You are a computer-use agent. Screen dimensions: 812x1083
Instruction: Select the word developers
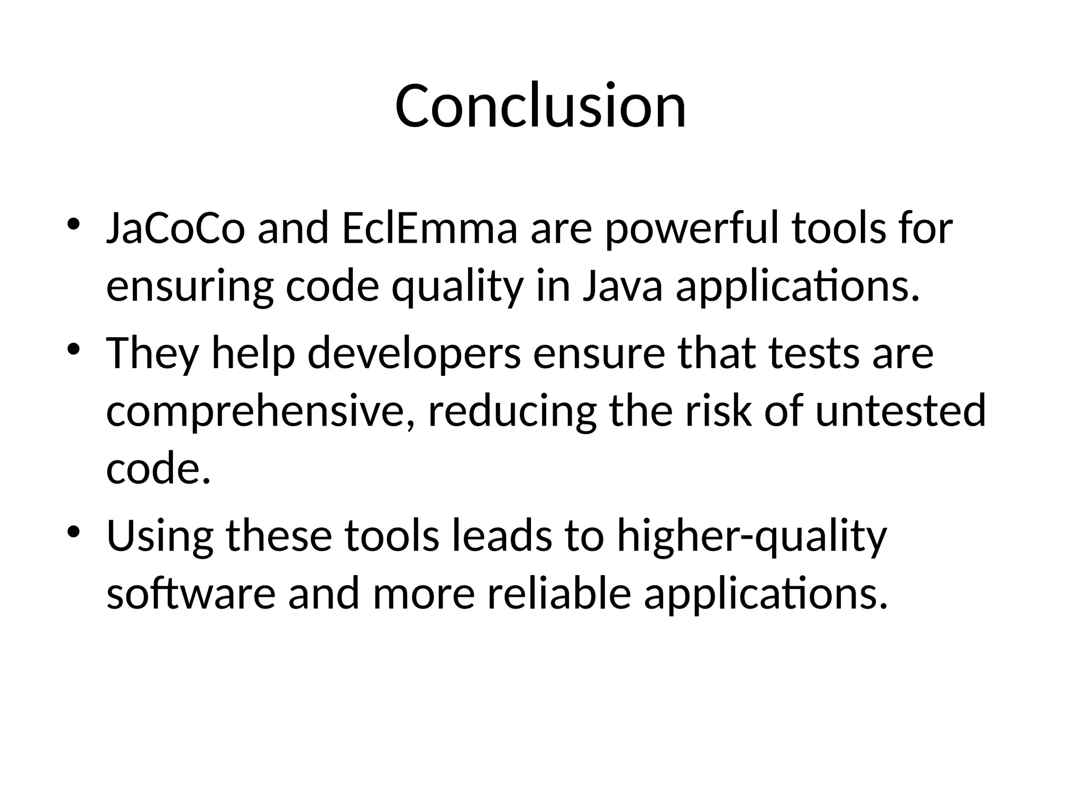[414, 354]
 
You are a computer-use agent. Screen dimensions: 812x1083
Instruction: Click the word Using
[160, 537]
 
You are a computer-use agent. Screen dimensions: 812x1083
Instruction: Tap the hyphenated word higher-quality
[751, 537]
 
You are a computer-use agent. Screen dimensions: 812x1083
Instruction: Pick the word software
[191, 594]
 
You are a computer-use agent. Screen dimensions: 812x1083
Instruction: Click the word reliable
[558, 594]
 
